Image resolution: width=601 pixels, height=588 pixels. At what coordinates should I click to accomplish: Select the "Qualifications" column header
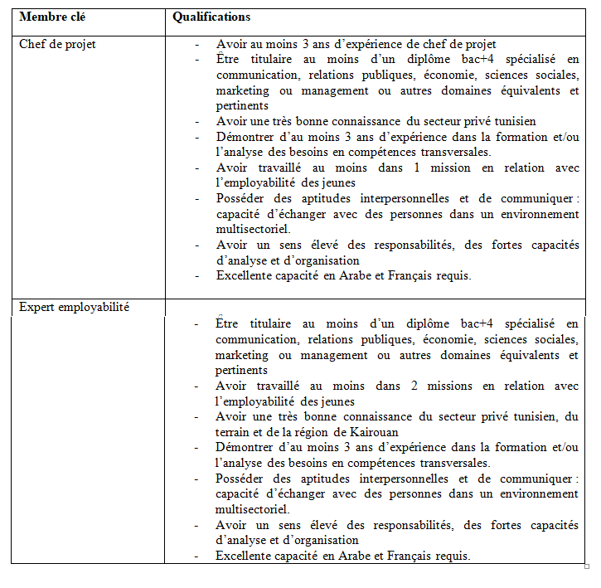tap(211, 17)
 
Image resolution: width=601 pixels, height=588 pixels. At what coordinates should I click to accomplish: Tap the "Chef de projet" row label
tap(57, 44)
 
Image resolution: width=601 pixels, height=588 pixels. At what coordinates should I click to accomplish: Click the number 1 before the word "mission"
tap(417, 168)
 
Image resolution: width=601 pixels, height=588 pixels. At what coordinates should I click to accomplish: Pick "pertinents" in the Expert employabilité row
tap(242, 370)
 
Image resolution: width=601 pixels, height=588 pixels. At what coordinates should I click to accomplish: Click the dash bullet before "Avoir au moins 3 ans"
tap(196, 44)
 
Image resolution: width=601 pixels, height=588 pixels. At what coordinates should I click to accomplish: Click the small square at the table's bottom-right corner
tap(587, 567)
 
